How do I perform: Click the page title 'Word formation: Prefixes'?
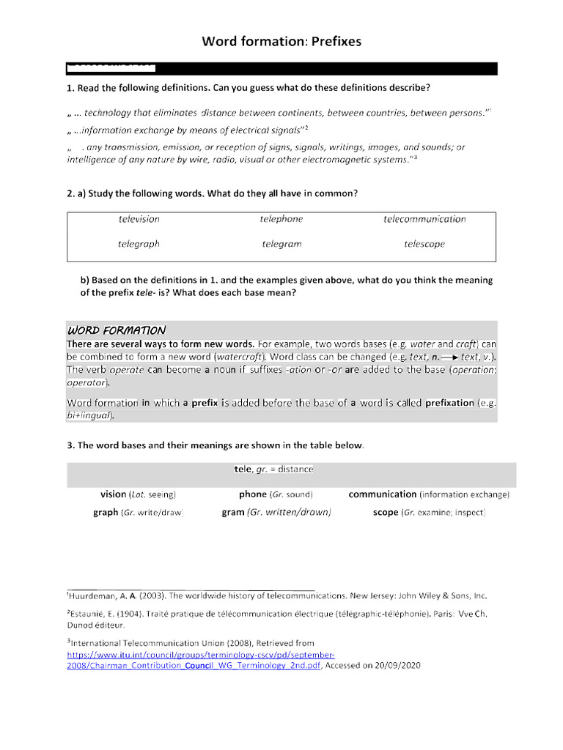coord(281,42)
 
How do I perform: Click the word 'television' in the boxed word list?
coord(139,219)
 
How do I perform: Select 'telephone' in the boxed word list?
coord(281,219)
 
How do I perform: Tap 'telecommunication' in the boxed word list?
coord(424,219)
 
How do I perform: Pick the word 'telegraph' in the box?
coord(139,244)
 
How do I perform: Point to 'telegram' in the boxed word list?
coord(281,244)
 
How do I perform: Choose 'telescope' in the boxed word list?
coord(424,244)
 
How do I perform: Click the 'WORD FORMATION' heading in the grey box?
coord(117,330)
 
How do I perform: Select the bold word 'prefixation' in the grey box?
coord(449,403)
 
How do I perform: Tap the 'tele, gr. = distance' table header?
coord(273,469)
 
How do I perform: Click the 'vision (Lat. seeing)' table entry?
coord(138,494)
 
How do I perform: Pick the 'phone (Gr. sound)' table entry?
coord(275,494)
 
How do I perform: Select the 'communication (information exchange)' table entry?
coord(429,494)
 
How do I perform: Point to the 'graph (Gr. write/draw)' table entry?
coord(138,513)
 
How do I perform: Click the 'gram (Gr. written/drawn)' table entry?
coord(276,513)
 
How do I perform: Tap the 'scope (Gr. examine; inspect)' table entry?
coord(429,513)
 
